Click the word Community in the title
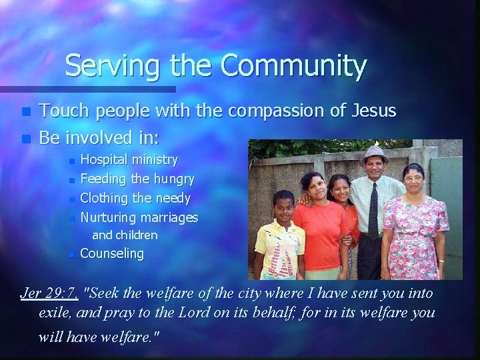click(293, 66)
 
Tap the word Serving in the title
click(107, 66)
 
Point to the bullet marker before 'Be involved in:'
click(25, 140)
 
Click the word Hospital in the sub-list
click(105, 159)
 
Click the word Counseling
click(111, 253)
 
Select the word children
click(136, 235)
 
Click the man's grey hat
click(373, 155)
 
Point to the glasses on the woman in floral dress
click(413, 178)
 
